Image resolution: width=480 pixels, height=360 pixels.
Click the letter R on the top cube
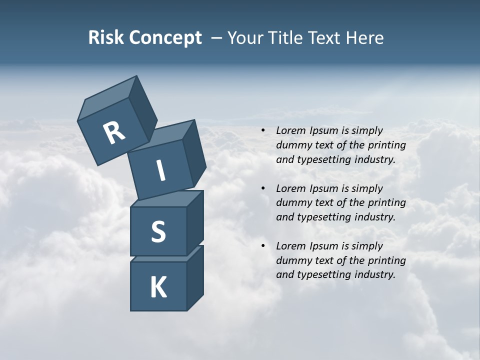[114, 133]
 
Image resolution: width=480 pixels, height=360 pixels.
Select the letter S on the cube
[158, 231]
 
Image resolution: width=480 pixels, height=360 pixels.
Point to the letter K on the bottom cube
[158, 287]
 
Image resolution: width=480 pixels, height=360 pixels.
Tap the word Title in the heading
[285, 37]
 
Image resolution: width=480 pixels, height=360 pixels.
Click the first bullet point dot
[263, 131]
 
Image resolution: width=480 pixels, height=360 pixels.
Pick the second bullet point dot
[263, 189]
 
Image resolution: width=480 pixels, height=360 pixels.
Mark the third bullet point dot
[263, 246]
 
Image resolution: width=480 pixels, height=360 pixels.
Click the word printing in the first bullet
[386, 145]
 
